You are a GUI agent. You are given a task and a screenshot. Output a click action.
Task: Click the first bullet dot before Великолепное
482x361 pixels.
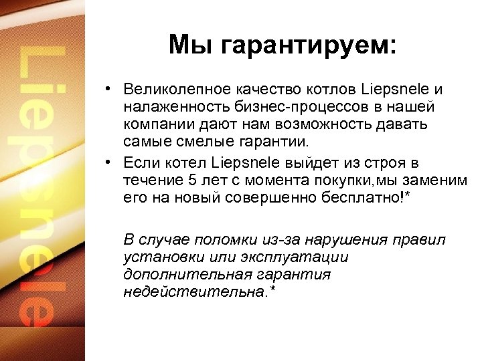click(107, 90)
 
